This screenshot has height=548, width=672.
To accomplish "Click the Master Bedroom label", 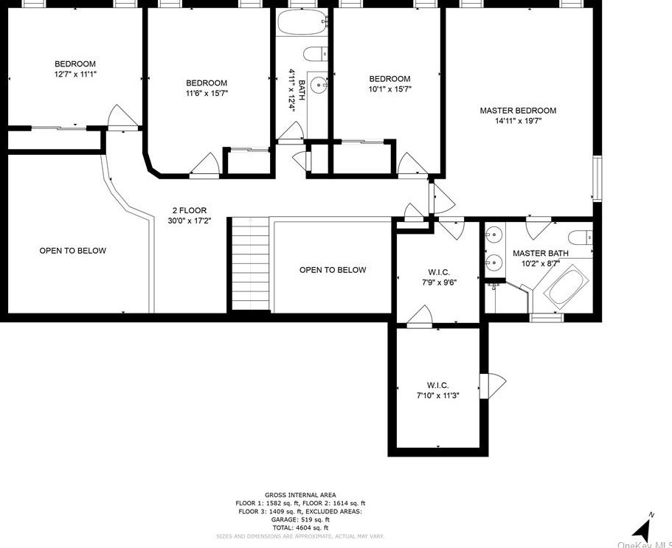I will pyautogui.click(x=518, y=111).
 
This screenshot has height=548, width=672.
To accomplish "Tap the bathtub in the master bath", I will pyautogui.click(x=566, y=289).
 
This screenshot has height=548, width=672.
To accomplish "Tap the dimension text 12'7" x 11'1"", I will pyautogui.click(x=75, y=74).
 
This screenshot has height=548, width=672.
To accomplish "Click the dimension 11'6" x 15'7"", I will pyautogui.click(x=206, y=94).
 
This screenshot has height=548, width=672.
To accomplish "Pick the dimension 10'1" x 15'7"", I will pyautogui.click(x=389, y=89).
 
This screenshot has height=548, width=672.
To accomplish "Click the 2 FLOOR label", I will pyautogui.click(x=190, y=210).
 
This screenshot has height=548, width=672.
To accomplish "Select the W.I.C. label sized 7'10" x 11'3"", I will pyautogui.click(x=437, y=385).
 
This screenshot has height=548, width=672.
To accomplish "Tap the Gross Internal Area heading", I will pyautogui.click(x=300, y=495).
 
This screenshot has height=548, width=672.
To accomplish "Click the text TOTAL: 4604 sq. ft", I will pyautogui.click(x=300, y=528).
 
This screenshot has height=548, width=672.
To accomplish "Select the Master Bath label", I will pyautogui.click(x=540, y=253).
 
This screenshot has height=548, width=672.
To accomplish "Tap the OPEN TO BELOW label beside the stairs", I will pyautogui.click(x=332, y=270).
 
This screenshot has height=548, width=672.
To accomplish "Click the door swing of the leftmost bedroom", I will pyautogui.click(x=121, y=117).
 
